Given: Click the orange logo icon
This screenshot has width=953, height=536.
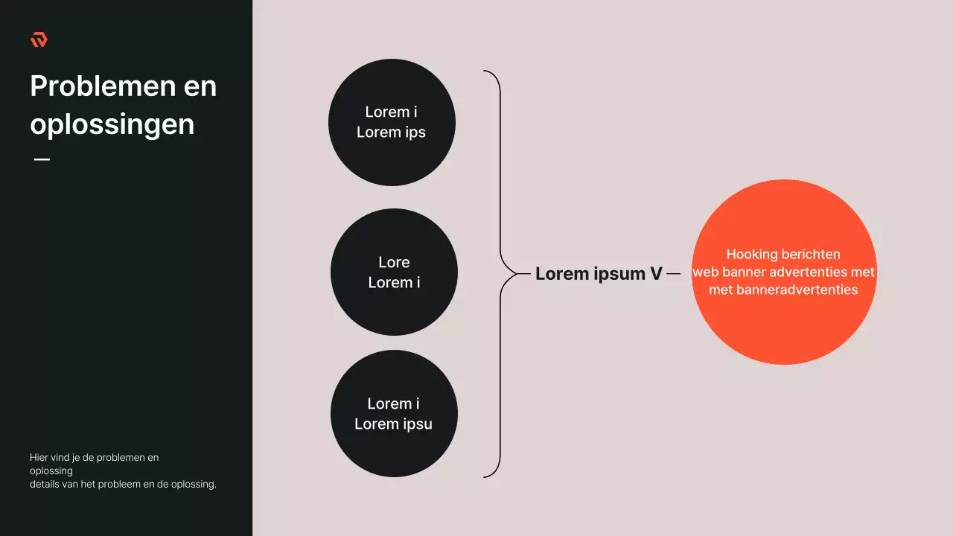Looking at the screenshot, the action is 39,39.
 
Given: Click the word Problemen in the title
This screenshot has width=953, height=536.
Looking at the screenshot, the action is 103,86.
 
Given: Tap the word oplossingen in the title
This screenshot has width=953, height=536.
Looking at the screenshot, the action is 112,125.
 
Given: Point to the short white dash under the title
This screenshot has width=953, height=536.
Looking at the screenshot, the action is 42,159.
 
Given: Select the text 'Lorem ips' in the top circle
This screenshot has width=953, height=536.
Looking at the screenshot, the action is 391,133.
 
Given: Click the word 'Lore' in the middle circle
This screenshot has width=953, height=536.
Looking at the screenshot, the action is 394,263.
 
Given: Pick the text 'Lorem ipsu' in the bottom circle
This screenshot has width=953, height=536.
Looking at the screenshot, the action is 394,424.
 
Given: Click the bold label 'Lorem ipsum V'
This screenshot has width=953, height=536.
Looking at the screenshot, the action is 599,273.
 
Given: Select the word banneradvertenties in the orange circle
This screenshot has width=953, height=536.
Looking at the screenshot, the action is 797,290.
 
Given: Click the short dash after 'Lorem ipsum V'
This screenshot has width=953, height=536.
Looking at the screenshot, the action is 673,274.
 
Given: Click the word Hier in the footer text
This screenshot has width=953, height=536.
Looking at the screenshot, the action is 39,457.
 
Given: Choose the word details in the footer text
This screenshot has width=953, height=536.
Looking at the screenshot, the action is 44,484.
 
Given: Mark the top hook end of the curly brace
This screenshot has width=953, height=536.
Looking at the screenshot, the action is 484,71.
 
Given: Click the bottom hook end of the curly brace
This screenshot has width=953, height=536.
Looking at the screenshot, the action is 484,477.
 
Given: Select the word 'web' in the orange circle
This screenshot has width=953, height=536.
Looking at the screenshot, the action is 705,272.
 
